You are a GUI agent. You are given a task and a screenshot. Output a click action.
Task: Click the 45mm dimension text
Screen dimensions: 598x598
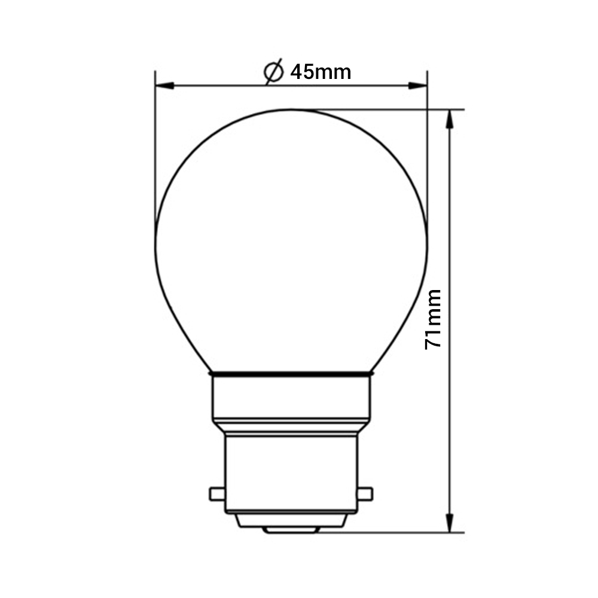coord(321,72)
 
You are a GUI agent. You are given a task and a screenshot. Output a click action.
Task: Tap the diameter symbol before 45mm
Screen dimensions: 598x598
coord(273,72)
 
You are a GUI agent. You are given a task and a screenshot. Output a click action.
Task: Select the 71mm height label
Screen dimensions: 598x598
coord(433,319)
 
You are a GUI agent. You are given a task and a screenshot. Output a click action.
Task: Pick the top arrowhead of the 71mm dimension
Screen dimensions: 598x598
coord(449,118)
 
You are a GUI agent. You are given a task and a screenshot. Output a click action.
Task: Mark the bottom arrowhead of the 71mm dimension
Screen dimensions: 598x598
coord(449,524)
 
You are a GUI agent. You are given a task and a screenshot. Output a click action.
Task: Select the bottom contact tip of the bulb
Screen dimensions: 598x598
coord(291,530)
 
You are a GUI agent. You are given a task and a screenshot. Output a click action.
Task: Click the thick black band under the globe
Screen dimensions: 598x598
coord(291,374)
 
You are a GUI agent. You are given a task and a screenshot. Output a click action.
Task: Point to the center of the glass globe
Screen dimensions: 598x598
coord(291,239)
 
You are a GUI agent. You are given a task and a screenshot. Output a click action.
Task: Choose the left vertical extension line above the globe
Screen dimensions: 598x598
coord(155,149)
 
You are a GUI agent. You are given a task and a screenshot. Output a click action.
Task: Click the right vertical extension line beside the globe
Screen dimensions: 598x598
coord(427,149)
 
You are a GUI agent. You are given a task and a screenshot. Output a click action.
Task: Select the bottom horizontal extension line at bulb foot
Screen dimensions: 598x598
coord(389,532)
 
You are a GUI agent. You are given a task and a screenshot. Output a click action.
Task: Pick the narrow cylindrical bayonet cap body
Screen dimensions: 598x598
coord(291,472)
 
